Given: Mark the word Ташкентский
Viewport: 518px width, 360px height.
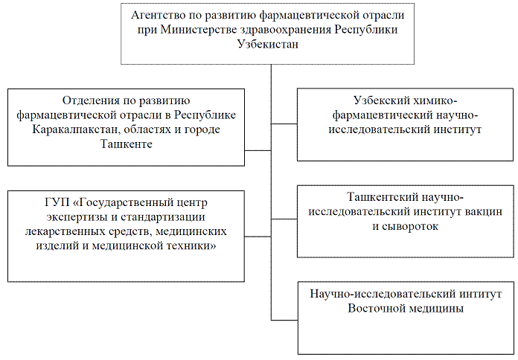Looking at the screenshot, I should (380, 198).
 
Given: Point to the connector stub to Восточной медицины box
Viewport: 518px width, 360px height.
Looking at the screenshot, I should (284, 320).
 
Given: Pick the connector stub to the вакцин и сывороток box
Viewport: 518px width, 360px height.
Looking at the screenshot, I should (284, 219).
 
